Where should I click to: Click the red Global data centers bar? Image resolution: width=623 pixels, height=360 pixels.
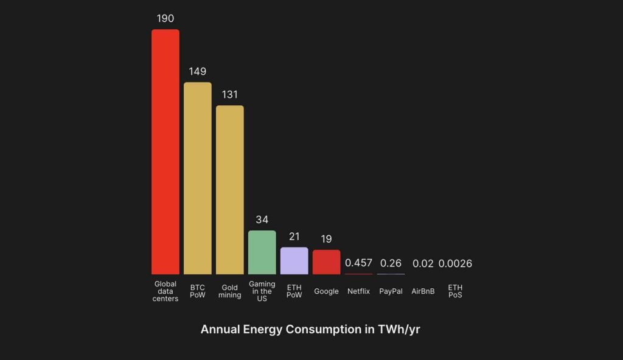tap(165, 152)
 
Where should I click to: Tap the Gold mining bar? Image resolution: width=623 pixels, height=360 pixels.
tap(230, 190)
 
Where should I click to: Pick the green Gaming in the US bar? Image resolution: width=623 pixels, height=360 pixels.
tap(262, 252)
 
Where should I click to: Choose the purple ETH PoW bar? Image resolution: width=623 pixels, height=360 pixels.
tap(294, 261)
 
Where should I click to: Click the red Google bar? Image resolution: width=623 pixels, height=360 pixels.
tap(327, 262)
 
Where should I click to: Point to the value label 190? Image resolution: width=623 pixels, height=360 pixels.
tap(165, 18)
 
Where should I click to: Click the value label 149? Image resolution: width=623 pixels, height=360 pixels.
tap(198, 72)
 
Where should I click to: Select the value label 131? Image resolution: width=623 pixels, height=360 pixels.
tap(230, 95)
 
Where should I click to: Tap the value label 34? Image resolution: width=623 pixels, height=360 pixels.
tap(262, 220)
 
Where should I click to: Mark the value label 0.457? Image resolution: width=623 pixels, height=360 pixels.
tap(359, 263)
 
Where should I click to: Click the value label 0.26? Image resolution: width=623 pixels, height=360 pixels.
tap(391, 263)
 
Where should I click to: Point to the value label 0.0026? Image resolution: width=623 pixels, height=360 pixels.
tap(455, 264)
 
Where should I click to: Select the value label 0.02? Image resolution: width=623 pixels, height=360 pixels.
tap(423, 264)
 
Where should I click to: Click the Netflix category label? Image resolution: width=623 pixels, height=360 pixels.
tap(359, 291)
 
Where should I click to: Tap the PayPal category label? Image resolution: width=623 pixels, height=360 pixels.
tap(391, 291)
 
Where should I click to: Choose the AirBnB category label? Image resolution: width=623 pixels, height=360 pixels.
tap(423, 291)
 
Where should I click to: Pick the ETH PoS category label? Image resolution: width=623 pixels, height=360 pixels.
tap(455, 291)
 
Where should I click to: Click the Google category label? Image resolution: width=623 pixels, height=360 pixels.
tap(327, 291)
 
